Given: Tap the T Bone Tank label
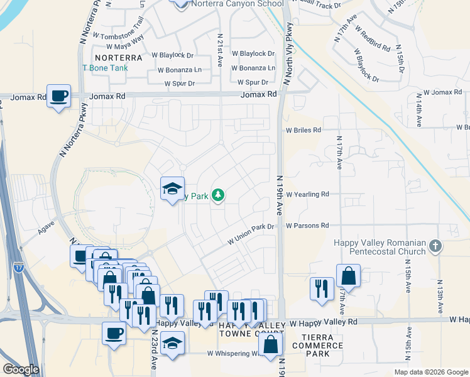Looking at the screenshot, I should click(105, 68).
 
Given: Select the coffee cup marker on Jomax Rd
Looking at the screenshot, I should click(58, 97).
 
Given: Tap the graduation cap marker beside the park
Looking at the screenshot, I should click(172, 189).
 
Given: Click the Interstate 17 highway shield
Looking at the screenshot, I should click(18, 266).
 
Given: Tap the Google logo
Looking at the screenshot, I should click(20, 369).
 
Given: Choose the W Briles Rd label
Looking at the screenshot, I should click(303, 131).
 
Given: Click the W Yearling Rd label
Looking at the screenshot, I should click(307, 195).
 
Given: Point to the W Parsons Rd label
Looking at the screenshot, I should click(307, 226).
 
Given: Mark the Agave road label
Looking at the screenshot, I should click(46, 227).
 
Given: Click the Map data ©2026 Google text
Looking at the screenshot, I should click(430, 372).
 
